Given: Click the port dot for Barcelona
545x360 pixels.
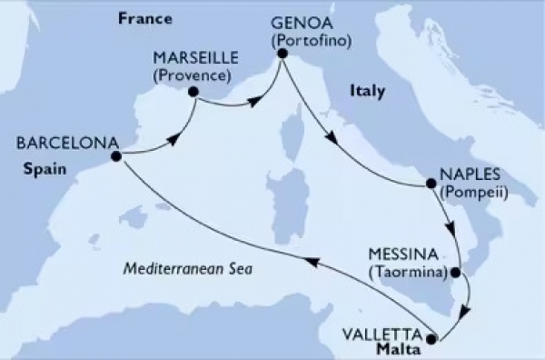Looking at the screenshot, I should [x=115, y=155].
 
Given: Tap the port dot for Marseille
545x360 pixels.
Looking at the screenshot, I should [x=193, y=91].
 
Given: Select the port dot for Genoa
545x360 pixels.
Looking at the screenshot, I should [x=282, y=55].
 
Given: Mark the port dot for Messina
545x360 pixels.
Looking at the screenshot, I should [x=461, y=269].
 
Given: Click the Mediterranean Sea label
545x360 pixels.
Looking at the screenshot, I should [x=189, y=270].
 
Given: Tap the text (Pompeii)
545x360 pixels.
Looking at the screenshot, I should [x=473, y=191].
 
